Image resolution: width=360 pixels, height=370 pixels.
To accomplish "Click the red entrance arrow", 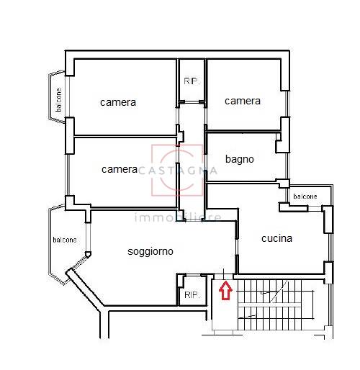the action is pyautogui.click(x=225, y=291).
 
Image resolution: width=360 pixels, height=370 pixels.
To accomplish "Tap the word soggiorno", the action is pyautogui.click(x=150, y=252).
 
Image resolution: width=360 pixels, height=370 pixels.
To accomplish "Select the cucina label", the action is pyautogui.click(x=276, y=238).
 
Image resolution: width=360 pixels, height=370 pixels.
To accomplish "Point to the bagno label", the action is pyautogui.click(x=240, y=160).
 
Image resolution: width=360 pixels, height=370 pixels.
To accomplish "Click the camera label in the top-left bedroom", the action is pyautogui.click(x=118, y=103).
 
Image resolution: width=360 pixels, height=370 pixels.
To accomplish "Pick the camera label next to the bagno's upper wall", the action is pyautogui.click(x=243, y=101).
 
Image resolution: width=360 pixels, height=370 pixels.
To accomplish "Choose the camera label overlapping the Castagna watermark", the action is pyautogui.click(x=120, y=170).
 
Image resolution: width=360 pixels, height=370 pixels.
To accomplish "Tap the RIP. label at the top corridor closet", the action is pyautogui.click(x=192, y=81).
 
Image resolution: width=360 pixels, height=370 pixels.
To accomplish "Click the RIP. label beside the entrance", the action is pyautogui.click(x=192, y=295).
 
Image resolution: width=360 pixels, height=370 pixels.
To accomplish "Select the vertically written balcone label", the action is pyautogui.click(x=58, y=100).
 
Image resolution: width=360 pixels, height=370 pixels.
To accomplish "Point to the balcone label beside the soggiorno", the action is pyautogui.click(x=65, y=240).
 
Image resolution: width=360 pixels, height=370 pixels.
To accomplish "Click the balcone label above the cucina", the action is pyautogui.click(x=305, y=197).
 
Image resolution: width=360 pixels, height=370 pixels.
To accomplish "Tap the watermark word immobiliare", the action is pyautogui.click(x=178, y=217).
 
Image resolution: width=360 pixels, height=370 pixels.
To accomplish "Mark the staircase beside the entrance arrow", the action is pyautogui.click(x=275, y=304).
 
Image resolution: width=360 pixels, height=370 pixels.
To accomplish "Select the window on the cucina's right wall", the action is pyautogui.click(x=330, y=247).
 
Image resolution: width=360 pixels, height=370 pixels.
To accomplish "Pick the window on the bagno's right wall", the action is pyautogui.click(x=287, y=166).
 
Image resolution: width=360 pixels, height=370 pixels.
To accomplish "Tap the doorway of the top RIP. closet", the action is pyautogui.click(x=192, y=102).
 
